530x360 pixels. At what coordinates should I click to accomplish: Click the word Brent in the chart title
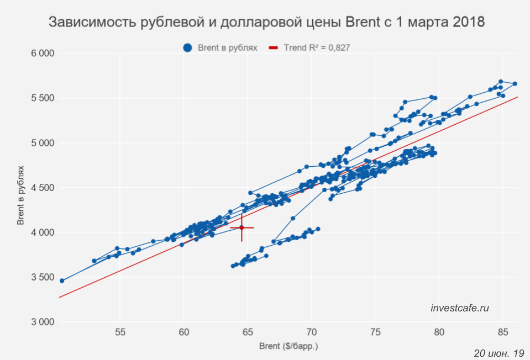[364, 23]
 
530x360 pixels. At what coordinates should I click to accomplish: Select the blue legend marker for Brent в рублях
[187, 48]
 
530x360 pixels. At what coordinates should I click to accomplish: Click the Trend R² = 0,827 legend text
[317, 48]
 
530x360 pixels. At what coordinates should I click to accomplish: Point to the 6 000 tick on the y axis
[42, 54]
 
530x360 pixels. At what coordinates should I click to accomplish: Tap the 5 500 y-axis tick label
[42, 98]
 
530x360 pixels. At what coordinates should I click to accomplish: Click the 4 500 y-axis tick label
[42, 188]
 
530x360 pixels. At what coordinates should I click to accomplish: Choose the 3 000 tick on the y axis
[42, 322]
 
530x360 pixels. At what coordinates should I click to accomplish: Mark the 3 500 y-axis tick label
[42, 277]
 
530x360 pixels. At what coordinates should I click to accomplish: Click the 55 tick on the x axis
[120, 332]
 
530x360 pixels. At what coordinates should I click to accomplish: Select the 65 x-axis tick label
[248, 332]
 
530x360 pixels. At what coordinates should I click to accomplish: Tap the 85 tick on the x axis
[503, 332]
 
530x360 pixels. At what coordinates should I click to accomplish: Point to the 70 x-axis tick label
[311, 332]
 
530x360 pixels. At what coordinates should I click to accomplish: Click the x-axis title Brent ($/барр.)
[288, 347]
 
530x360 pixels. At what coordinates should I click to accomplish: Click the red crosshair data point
[242, 227]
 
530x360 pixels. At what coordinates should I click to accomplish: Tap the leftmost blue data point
[62, 280]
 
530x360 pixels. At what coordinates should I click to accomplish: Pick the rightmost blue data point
[515, 84]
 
